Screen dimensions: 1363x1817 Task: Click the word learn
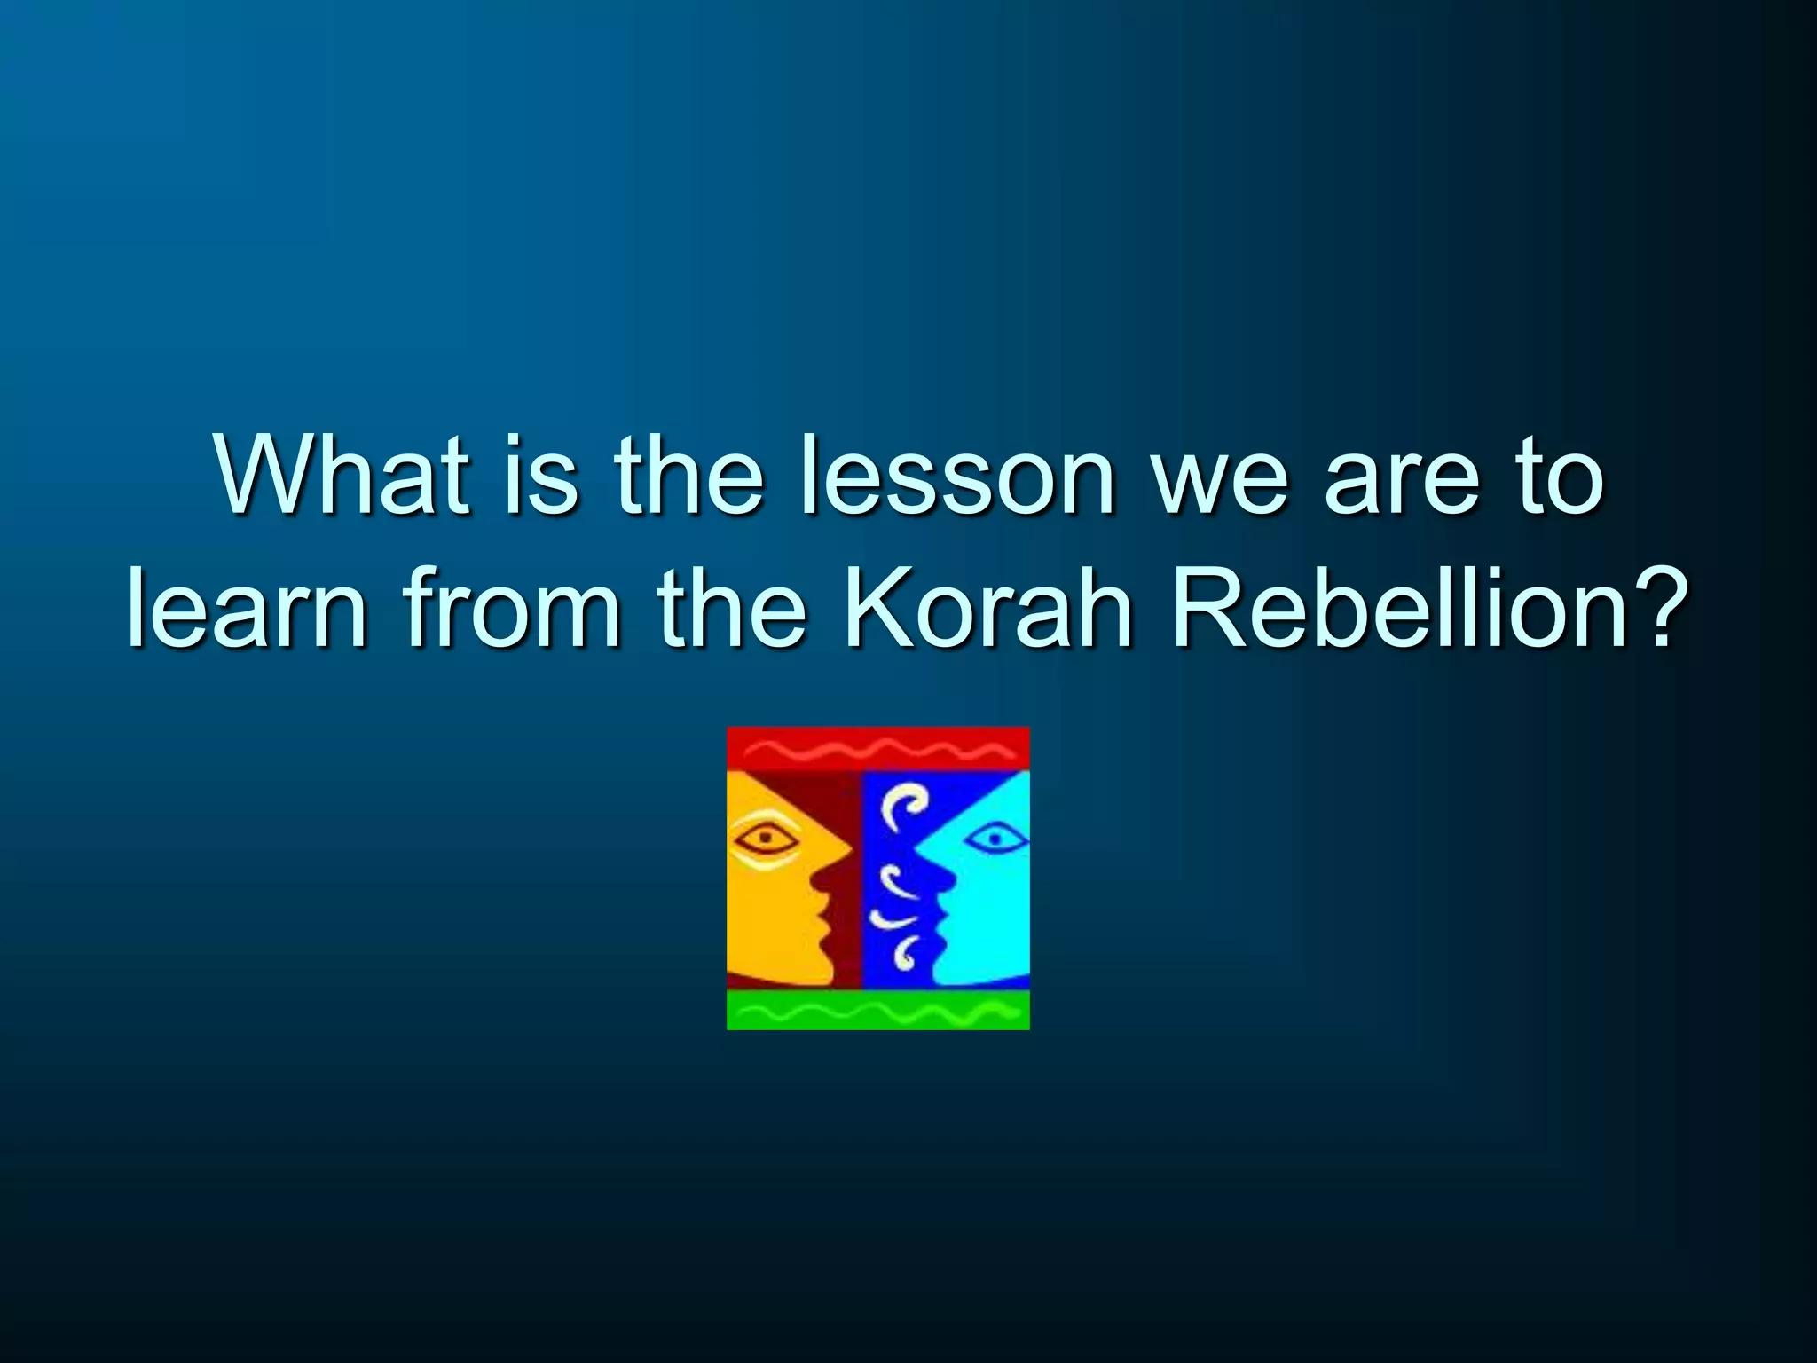click(x=247, y=610)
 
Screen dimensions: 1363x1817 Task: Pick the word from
click(x=512, y=610)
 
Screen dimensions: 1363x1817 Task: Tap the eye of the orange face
click(x=764, y=836)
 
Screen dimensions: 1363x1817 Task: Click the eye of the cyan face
click(x=994, y=837)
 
